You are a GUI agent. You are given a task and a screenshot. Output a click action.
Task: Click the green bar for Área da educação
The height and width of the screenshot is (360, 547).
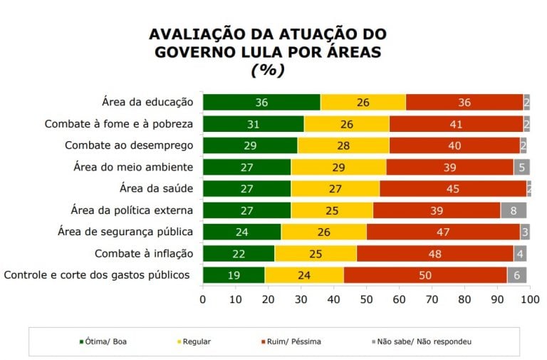[x=261, y=103]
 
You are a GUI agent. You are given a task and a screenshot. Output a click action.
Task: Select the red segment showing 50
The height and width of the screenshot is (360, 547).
[x=425, y=275]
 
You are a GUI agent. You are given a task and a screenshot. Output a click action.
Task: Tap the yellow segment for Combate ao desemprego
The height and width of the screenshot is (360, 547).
[x=343, y=146]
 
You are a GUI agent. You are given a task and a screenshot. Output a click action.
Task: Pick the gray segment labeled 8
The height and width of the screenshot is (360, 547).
[x=513, y=210]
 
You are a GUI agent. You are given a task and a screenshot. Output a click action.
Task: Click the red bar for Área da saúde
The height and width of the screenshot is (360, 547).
[x=453, y=189]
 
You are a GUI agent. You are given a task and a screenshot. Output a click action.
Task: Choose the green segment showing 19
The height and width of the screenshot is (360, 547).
[x=234, y=275]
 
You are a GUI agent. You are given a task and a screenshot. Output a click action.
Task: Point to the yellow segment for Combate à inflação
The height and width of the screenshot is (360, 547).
[x=316, y=254]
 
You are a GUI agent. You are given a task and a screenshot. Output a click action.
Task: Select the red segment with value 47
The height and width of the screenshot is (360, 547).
[x=443, y=232]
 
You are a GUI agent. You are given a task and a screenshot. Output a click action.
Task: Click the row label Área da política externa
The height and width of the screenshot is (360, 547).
[x=132, y=210]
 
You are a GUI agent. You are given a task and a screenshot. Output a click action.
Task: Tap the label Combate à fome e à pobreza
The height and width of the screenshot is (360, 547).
[x=119, y=124]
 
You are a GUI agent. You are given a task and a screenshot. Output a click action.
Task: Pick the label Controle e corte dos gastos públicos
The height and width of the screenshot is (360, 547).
[x=97, y=275]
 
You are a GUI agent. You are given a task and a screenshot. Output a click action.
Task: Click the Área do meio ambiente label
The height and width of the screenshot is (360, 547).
[x=133, y=168]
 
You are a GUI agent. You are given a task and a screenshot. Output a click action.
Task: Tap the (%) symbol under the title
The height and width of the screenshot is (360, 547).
[x=268, y=70]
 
